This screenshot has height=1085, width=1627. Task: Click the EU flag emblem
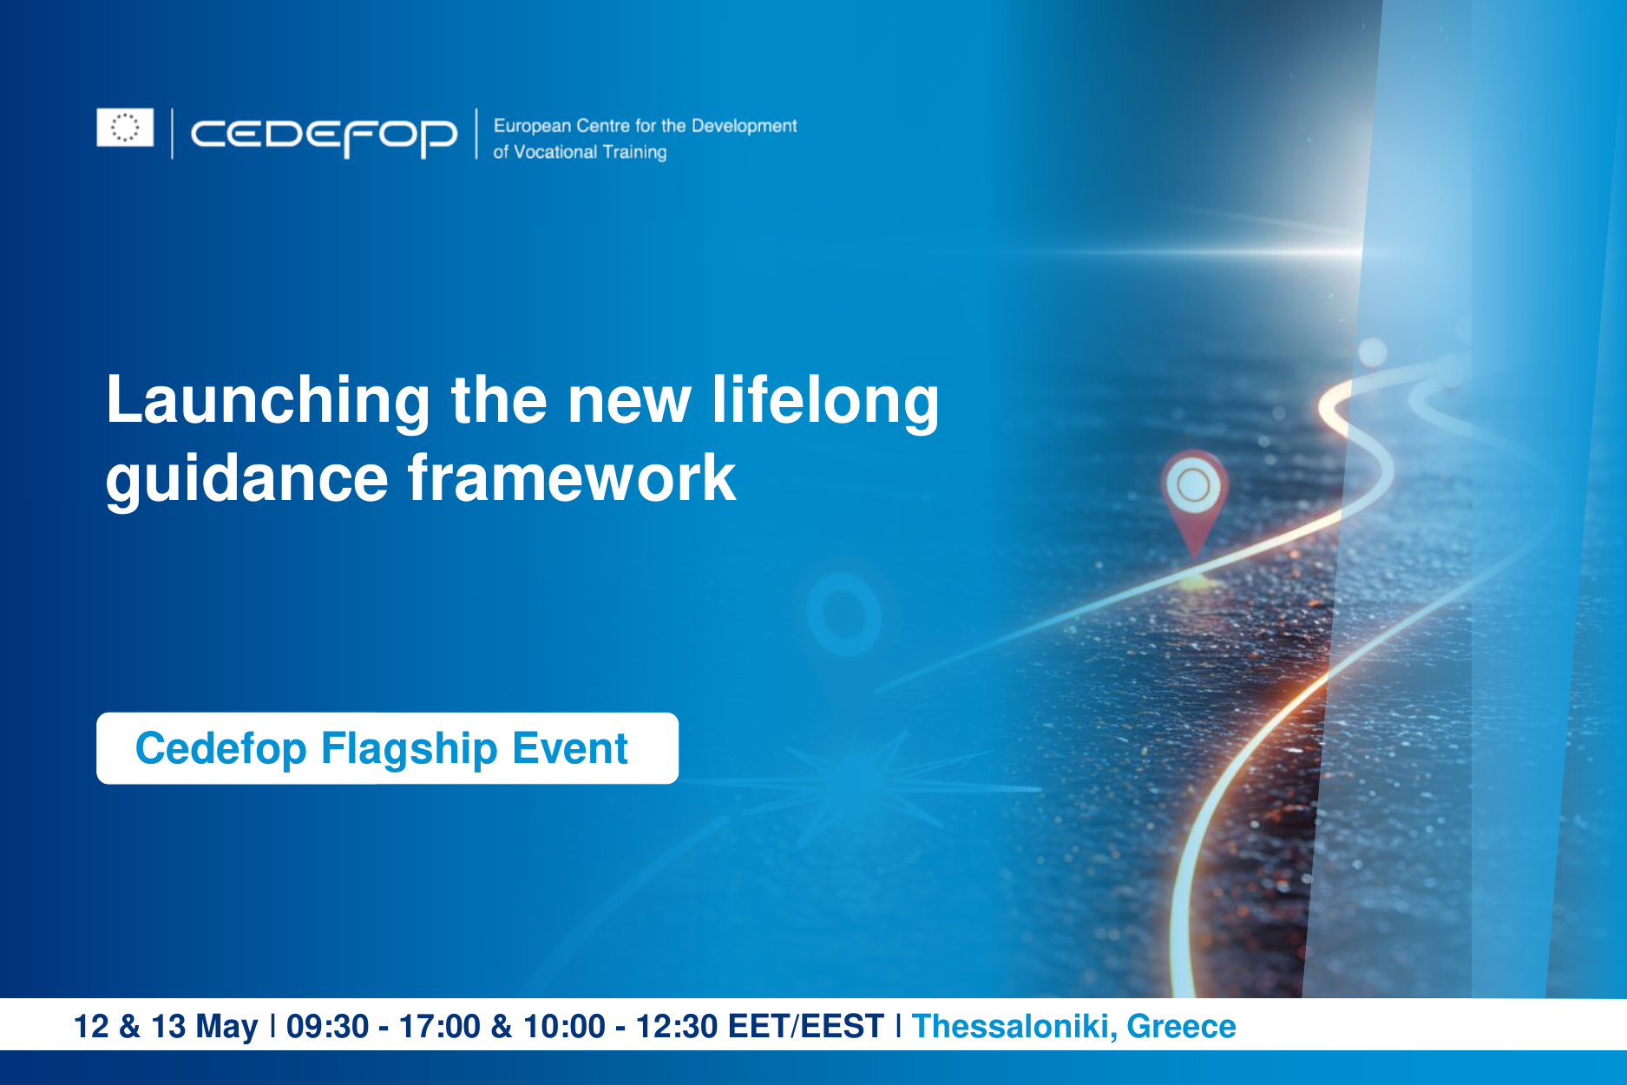125,128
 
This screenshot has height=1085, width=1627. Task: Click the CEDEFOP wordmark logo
324,135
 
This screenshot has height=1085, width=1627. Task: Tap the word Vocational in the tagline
555,152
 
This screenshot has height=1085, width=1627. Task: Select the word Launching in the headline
267,401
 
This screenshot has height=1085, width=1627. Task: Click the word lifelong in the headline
825,401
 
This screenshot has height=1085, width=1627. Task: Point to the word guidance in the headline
246,479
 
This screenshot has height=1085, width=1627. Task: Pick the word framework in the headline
572,479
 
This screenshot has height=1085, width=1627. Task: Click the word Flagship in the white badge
409,748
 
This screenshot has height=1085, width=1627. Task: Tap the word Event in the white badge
569,748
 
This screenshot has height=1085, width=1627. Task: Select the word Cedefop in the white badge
220,748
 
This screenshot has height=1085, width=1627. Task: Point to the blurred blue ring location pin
843,614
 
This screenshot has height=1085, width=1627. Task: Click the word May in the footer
226,1026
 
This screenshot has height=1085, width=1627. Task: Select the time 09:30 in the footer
327,1026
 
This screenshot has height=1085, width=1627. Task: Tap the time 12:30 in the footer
676,1026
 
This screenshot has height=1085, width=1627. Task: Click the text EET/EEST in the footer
805,1026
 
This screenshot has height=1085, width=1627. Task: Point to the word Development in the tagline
744,126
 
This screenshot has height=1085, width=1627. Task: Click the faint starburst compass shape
846,786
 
